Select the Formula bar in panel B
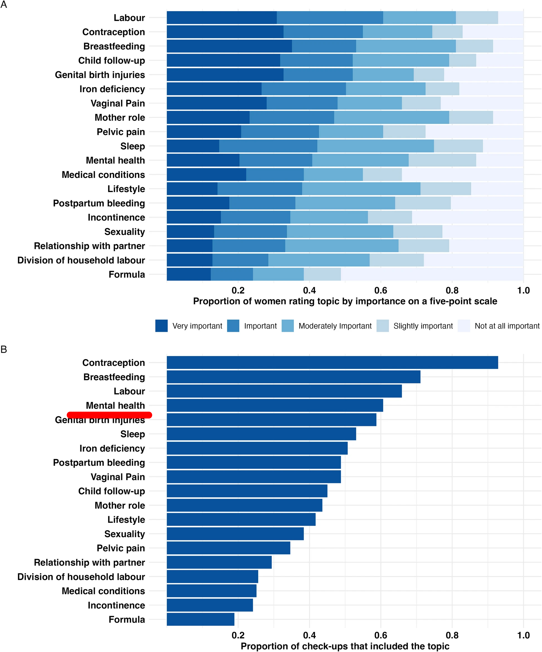click(200, 619)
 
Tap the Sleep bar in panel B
click(261, 434)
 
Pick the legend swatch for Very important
click(162, 326)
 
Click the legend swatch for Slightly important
click(383, 326)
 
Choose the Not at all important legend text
click(507, 326)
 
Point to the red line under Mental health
click(109, 415)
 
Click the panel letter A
click(4, 5)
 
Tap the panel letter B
click(4, 349)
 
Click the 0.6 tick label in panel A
click(381, 290)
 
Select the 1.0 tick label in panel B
click(523, 635)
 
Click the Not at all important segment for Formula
click(432, 274)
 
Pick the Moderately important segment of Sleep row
click(375, 146)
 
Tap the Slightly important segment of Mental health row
click(442, 160)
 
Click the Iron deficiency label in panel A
click(112, 89)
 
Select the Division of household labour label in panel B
click(81, 577)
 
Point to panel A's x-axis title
click(345, 301)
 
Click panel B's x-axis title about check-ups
click(345, 646)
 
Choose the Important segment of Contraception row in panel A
click(323, 32)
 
